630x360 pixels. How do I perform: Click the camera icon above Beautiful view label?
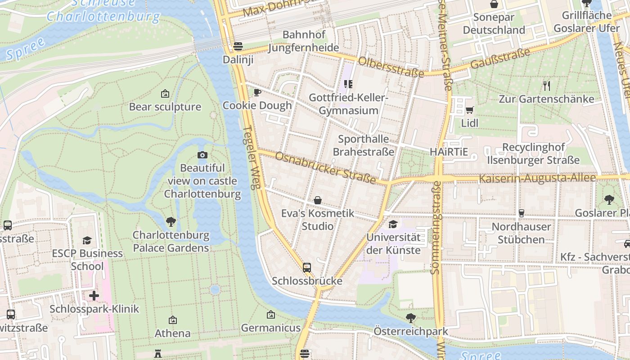click(202, 155)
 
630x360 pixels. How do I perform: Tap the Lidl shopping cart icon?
click(469, 110)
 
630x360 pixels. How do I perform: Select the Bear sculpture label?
click(165, 107)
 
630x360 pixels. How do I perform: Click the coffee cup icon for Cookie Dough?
click(257, 92)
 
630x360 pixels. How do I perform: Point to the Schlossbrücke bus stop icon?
click(307, 268)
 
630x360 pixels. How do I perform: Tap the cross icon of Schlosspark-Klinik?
click(94, 296)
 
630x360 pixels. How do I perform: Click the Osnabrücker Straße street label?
click(325, 168)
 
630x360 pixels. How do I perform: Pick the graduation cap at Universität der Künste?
click(393, 224)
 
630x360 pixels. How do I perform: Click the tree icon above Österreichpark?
click(410, 318)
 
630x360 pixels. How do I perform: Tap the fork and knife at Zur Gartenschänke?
click(546, 85)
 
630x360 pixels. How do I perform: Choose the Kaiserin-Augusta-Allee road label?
click(537, 178)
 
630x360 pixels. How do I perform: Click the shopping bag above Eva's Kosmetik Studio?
click(318, 200)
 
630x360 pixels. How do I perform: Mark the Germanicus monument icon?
click(270, 315)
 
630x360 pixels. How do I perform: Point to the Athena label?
click(172, 333)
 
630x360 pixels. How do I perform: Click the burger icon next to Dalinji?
click(238, 46)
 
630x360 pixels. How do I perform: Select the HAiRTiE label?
click(449, 152)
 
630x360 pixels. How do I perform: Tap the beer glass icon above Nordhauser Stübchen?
click(521, 213)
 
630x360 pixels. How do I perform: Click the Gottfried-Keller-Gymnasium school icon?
click(348, 84)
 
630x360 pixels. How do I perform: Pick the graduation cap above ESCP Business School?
click(87, 240)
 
